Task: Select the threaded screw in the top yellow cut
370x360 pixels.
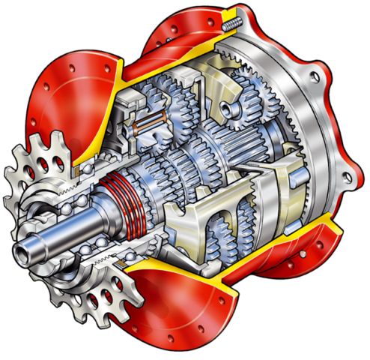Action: point(231,26)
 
